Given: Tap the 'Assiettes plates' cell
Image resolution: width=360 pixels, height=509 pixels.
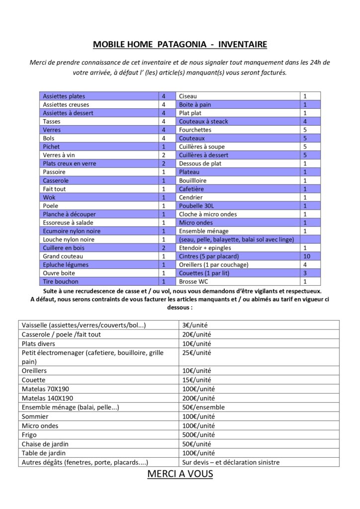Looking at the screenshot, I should pos(64,96).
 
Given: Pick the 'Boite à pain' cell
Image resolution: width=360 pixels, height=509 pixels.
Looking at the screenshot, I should pos(195,104).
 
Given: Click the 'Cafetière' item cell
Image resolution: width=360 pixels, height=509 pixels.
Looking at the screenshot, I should pos(191,189).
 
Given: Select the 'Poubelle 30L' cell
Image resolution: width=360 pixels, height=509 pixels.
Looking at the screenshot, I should pos(196,206).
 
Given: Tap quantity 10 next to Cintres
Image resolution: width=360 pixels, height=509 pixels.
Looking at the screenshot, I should pos(306,256).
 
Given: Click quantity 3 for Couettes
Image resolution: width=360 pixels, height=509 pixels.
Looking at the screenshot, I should pos(305,273).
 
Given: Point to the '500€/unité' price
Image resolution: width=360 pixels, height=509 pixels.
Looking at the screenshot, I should pos(197,434).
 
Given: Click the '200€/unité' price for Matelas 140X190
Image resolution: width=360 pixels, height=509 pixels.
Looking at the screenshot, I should pos(198,398).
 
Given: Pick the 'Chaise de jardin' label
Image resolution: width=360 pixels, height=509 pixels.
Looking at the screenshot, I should pos(45,444).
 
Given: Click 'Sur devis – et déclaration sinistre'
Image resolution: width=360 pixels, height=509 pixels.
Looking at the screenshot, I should pos(231,462).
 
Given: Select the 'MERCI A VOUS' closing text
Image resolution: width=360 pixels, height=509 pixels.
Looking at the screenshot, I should pos(180,474).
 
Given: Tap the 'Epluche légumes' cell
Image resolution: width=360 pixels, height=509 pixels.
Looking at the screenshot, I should pos(65,265).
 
